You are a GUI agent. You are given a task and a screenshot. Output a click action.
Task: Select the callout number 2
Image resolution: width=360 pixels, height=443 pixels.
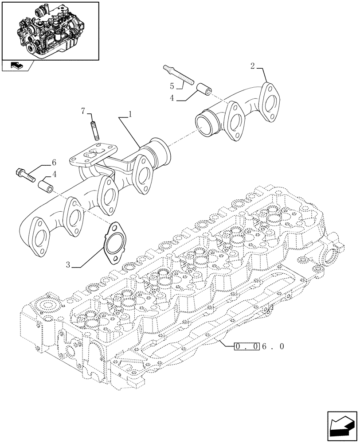tap(252, 66)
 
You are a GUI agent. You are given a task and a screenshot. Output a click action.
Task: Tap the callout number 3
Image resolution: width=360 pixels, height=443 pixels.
tap(68, 265)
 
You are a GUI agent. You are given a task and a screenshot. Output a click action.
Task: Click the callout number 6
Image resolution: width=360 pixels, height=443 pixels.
tap(54, 163)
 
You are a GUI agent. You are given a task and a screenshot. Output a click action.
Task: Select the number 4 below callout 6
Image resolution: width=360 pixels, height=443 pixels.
tap(55, 175)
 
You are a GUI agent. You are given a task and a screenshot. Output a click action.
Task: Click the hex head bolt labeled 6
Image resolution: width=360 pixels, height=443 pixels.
tap(26, 175)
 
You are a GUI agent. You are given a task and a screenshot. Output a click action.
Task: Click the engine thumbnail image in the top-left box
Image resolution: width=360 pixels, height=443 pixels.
tap(49, 30)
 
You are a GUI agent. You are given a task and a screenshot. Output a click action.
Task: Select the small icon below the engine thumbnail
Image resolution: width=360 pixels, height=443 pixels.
tap(16, 66)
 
